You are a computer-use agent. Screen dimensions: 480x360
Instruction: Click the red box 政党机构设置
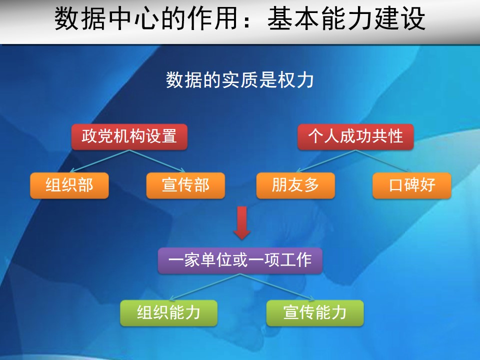tap(129, 137)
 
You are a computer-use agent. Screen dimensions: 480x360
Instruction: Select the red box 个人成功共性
tap(355, 137)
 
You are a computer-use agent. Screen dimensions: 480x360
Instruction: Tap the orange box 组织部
tap(69, 185)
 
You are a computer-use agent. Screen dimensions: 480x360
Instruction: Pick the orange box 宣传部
tap(185, 185)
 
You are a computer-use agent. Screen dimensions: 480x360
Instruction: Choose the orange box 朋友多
tap(295, 185)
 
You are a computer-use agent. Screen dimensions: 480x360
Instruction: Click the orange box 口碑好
tap(411, 185)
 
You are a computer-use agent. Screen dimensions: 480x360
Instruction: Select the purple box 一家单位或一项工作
tap(240, 260)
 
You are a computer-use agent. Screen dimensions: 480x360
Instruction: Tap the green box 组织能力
tap(168, 313)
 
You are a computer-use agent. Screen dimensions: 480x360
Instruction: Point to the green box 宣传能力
tap(315, 313)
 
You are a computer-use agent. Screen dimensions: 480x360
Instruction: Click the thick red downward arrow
tap(242, 223)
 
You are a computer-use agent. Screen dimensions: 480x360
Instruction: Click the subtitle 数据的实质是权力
tap(239, 80)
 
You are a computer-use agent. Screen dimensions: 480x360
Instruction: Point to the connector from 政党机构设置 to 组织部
tap(99, 161)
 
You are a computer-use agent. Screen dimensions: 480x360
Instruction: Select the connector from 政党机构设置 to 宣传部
tap(157, 161)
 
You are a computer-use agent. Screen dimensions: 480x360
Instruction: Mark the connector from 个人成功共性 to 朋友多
tap(325, 161)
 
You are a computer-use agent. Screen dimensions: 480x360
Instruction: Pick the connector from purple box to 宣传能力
tap(277, 287)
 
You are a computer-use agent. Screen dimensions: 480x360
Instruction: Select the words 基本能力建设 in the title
tap(346, 18)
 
